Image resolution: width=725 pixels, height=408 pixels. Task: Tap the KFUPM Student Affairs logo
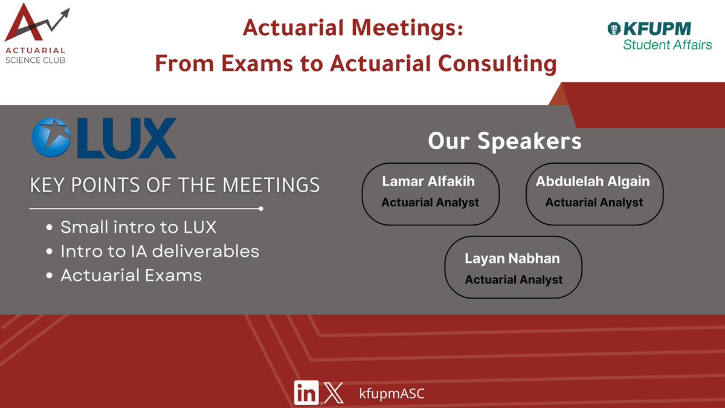pyautogui.click(x=659, y=36)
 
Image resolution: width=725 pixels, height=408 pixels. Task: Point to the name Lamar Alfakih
pyautogui.click(x=429, y=181)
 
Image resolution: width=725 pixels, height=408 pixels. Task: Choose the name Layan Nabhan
pyautogui.click(x=512, y=258)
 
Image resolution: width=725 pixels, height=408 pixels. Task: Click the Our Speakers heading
pyautogui.click(x=504, y=141)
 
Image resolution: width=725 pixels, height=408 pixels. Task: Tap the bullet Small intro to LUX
pyautogui.click(x=138, y=228)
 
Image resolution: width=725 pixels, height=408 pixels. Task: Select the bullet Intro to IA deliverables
pyautogui.click(x=159, y=251)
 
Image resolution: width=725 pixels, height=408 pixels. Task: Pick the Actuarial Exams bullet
pyautogui.click(x=131, y=275)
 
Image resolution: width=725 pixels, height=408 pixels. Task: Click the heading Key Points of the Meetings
pyautogui.click(x=175, y=186)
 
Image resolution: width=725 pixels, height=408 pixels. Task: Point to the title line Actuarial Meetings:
pyautogui.click(x=353, y=29)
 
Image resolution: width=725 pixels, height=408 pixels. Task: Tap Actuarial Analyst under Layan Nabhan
pyautogui.click(x=514, y=279)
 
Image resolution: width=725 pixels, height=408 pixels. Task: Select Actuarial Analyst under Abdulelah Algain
pyautogui.click(x=594, y=202)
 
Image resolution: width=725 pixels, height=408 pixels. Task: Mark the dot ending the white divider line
pyautogui.click(x=260, y=209)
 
